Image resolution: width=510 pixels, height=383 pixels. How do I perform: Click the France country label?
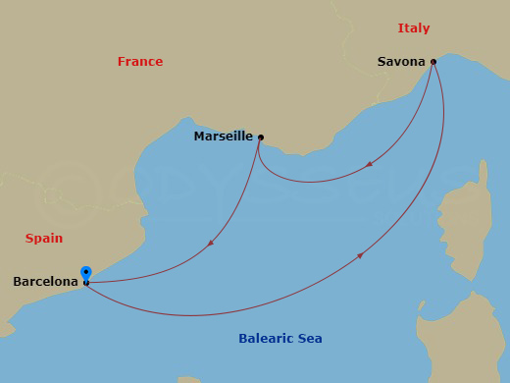pyautogui.click(x=140, y=62)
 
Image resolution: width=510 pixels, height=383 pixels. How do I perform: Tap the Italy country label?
pyautogui.click(x=414, y=27)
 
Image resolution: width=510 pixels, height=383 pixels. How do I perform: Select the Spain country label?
pyautogui.click(x=43, y=238)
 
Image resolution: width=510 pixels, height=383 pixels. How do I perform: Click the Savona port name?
pyautogui.click(x=401, y=62)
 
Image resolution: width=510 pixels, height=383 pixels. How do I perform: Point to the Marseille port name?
pyautogui.click(x=223, y=137)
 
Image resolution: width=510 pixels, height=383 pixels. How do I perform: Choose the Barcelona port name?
pyautogui.click(x=44, y=282)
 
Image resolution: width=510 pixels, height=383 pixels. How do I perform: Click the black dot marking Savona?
pyautogui.click(x=433, y=62)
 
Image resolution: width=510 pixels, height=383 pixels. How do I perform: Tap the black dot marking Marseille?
pyautogui.click(x=260, y=137)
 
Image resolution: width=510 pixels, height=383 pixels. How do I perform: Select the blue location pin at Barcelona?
pyautogui.click(x=86, y=272)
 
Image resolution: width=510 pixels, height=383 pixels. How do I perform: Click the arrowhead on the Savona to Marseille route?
pyautogui.click(x=369, y=164)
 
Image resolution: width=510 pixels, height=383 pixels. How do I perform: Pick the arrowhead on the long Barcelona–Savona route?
pyautogui.click(x=361, y=255)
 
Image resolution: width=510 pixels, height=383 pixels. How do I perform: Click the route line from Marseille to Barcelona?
pyautogui.click(x=177, y=267)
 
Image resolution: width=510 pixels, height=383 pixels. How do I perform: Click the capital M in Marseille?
pyautogui.click(x=199, y=137)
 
